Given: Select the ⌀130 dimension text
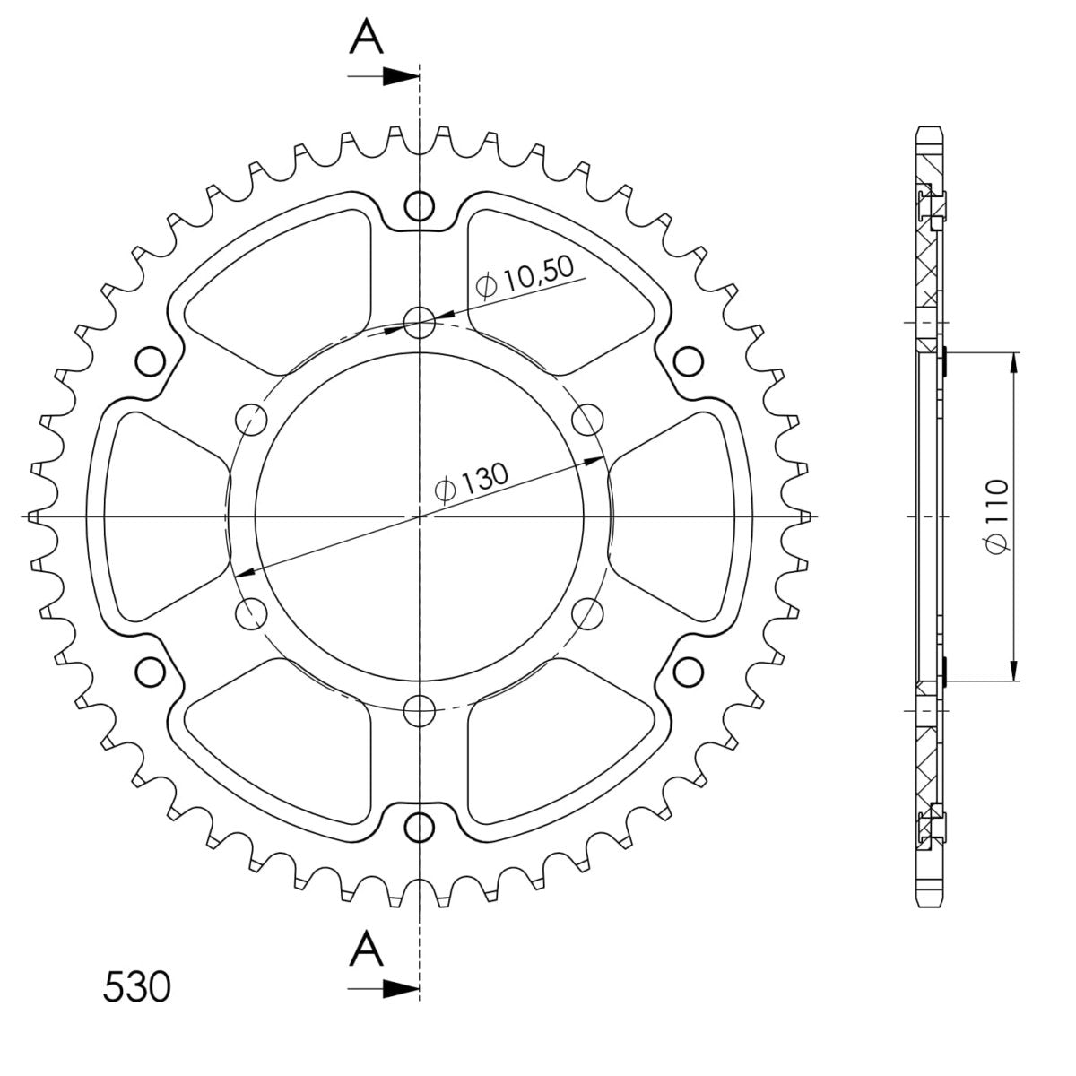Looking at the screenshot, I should coord(470,482).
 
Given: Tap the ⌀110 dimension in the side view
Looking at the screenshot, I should coord(996,516).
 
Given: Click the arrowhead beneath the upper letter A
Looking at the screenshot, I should coord(395,77).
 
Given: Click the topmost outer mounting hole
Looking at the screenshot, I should coord(418,206).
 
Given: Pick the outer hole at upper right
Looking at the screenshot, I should coord(687,361).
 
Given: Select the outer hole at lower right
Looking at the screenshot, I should coord(687,672).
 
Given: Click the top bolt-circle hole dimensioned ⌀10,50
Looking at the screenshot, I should coord(418,322).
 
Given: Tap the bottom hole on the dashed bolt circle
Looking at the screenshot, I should coord(418,711).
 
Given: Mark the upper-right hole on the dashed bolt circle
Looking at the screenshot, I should coord(587,419).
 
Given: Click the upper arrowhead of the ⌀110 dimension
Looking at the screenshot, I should coord(1014,361).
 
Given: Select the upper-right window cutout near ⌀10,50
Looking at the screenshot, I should coord(556,287).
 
